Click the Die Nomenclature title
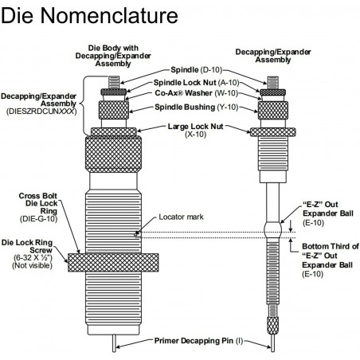coord(89,16)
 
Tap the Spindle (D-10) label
coord(196,70)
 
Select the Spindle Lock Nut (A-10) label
coord(197,83)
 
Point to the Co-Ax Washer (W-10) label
coord(197,93)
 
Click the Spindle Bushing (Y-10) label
coord(197,107)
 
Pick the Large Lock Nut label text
coord(195,127)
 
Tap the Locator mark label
coord(181,217)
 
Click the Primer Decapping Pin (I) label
coord(198,341)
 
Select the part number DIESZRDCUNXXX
coord(41,112)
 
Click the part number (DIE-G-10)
coord(39,219)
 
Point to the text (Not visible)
coord(32,265)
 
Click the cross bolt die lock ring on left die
coord(113,262)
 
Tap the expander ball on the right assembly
coord(272,229)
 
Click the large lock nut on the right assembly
coord(273,132)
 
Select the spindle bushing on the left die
coord(114,110)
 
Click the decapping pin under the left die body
coord(114,343)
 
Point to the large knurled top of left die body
coord(113,155)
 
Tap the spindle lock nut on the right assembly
coord(272,92)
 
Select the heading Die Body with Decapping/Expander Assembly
coord(113,56)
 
